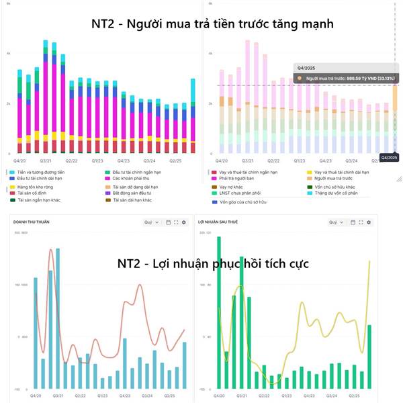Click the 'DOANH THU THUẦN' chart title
tap(32, 222)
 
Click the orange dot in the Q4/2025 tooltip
tap(300, 79)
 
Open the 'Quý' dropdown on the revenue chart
tap(150, 222)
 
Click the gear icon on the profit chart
tap(369, 222)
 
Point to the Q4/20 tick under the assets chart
tap(20, 161)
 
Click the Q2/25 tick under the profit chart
tap(362, 396)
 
